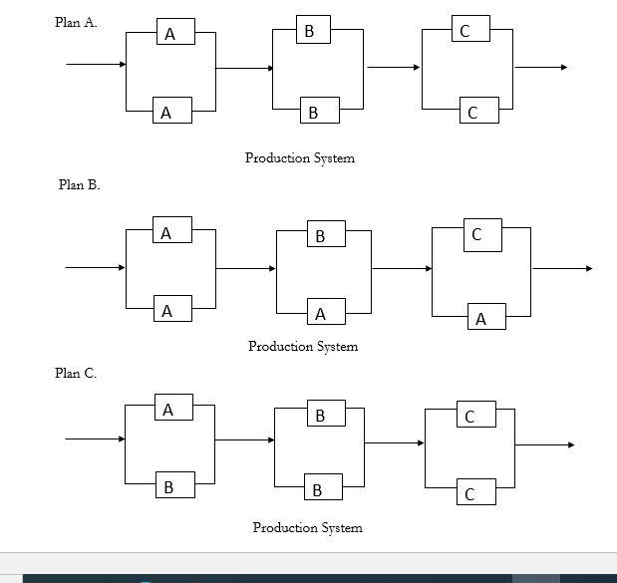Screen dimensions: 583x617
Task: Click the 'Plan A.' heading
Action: coord(76,23)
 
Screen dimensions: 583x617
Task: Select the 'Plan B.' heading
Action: coord(79,184)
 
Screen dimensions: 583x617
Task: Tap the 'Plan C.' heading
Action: coord(76,373)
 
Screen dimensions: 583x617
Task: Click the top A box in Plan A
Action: coord(170,34)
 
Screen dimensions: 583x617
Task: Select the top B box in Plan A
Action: coord(309,32)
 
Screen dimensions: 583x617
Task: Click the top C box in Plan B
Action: coord(476,235)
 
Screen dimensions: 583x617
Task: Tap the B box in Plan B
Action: coord(320,235)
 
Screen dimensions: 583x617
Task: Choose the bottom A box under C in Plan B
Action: coord(481,319)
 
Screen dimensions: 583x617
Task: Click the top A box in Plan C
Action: coord(168,409)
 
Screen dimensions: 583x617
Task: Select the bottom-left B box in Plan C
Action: coord(168,486)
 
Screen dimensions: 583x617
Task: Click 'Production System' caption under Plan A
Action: coord(300,157)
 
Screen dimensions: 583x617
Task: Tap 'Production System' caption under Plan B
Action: coord(303,346)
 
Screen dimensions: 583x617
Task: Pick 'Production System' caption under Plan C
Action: coord(307,527)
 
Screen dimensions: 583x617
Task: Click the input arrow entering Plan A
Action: coord(96,65)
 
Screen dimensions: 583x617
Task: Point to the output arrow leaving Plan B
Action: coord(562,268)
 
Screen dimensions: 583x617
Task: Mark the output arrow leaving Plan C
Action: coord(544,444)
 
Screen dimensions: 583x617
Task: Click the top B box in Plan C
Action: coord(320,415)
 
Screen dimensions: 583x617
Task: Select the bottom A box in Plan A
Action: coord(166,113)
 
